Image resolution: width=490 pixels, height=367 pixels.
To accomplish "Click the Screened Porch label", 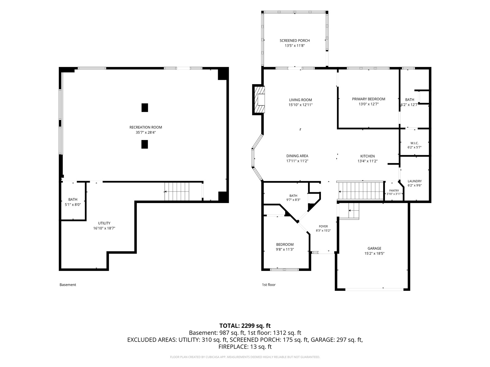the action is point(294,41).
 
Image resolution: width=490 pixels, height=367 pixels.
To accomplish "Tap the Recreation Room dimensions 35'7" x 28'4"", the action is point(145,132).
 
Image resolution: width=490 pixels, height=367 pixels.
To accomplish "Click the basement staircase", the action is point(177,191).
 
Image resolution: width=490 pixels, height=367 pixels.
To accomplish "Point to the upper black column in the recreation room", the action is point(145,108).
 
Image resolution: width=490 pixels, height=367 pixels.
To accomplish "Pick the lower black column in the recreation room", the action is point(145,144).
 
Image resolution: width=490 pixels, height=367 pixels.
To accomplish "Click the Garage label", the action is point(374,248).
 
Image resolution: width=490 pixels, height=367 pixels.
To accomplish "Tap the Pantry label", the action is point(394,191).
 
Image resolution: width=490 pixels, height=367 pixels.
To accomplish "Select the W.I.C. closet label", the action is point(414,143).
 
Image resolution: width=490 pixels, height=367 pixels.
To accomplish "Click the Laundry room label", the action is point(415,181).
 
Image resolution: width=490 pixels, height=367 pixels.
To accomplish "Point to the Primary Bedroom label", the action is point(368,99).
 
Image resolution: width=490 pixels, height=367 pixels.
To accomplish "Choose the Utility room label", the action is point(104,223).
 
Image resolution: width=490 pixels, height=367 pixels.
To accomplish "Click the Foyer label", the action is point(323,226).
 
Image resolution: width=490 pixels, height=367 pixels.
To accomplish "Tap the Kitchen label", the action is point(367,156).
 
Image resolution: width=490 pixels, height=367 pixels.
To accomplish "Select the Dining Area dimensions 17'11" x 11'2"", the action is point(297,161).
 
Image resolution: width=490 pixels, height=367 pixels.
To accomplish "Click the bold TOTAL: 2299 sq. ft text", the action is point(245,326).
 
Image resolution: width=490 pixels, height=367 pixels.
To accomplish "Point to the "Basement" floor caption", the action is point(68,285).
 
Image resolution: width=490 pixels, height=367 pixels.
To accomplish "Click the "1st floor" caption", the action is point(269,285).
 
